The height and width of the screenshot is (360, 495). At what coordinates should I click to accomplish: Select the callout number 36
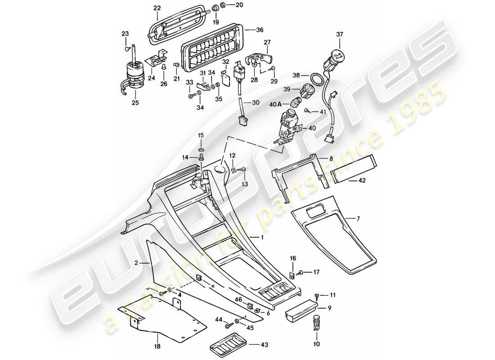260,31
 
